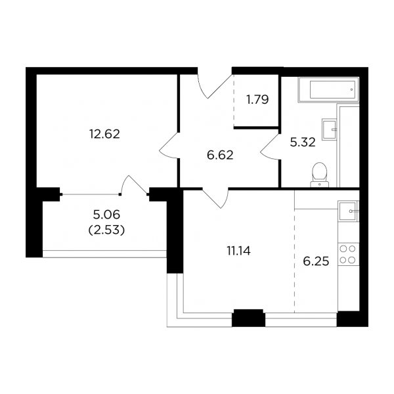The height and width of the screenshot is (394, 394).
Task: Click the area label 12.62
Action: pyautogui.click(x=104, y=134)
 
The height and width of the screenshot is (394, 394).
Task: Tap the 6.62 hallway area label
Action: pyautogui.click(x=220, y=155)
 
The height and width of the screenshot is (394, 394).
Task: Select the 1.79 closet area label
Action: pyautogui.click(x=257, y=100)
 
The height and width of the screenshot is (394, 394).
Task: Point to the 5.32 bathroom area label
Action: pyautogui.click(x=303, y=142)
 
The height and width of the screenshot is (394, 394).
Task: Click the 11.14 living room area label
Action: pyautogui.click(x=239, y=251)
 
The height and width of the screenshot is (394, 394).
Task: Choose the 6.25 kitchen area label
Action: pyautogui.click(x=316, y=261)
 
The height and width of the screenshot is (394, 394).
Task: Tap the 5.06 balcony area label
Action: pyautogui.click(x=106, y=215)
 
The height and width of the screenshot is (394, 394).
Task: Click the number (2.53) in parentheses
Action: pyautogui.click(x=106, y=230)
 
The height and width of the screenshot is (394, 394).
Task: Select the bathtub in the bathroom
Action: pyautogui.click(x=328, y=90)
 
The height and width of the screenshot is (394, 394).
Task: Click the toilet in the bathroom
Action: pyautogui.click(x=319, y=175)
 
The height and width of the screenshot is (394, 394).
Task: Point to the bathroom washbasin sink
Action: pyautogui.click(x=329, y=129)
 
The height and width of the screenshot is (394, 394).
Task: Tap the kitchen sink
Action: pyautogui.click(x=348, y=211)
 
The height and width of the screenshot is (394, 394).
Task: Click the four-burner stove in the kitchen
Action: pyautogui.click(x=348, y=254)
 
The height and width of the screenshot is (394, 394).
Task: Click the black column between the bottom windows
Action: pyautogui.click(x=248, y=318)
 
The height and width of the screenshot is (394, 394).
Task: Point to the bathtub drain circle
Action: pyautogui.click(x=351, y=90)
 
